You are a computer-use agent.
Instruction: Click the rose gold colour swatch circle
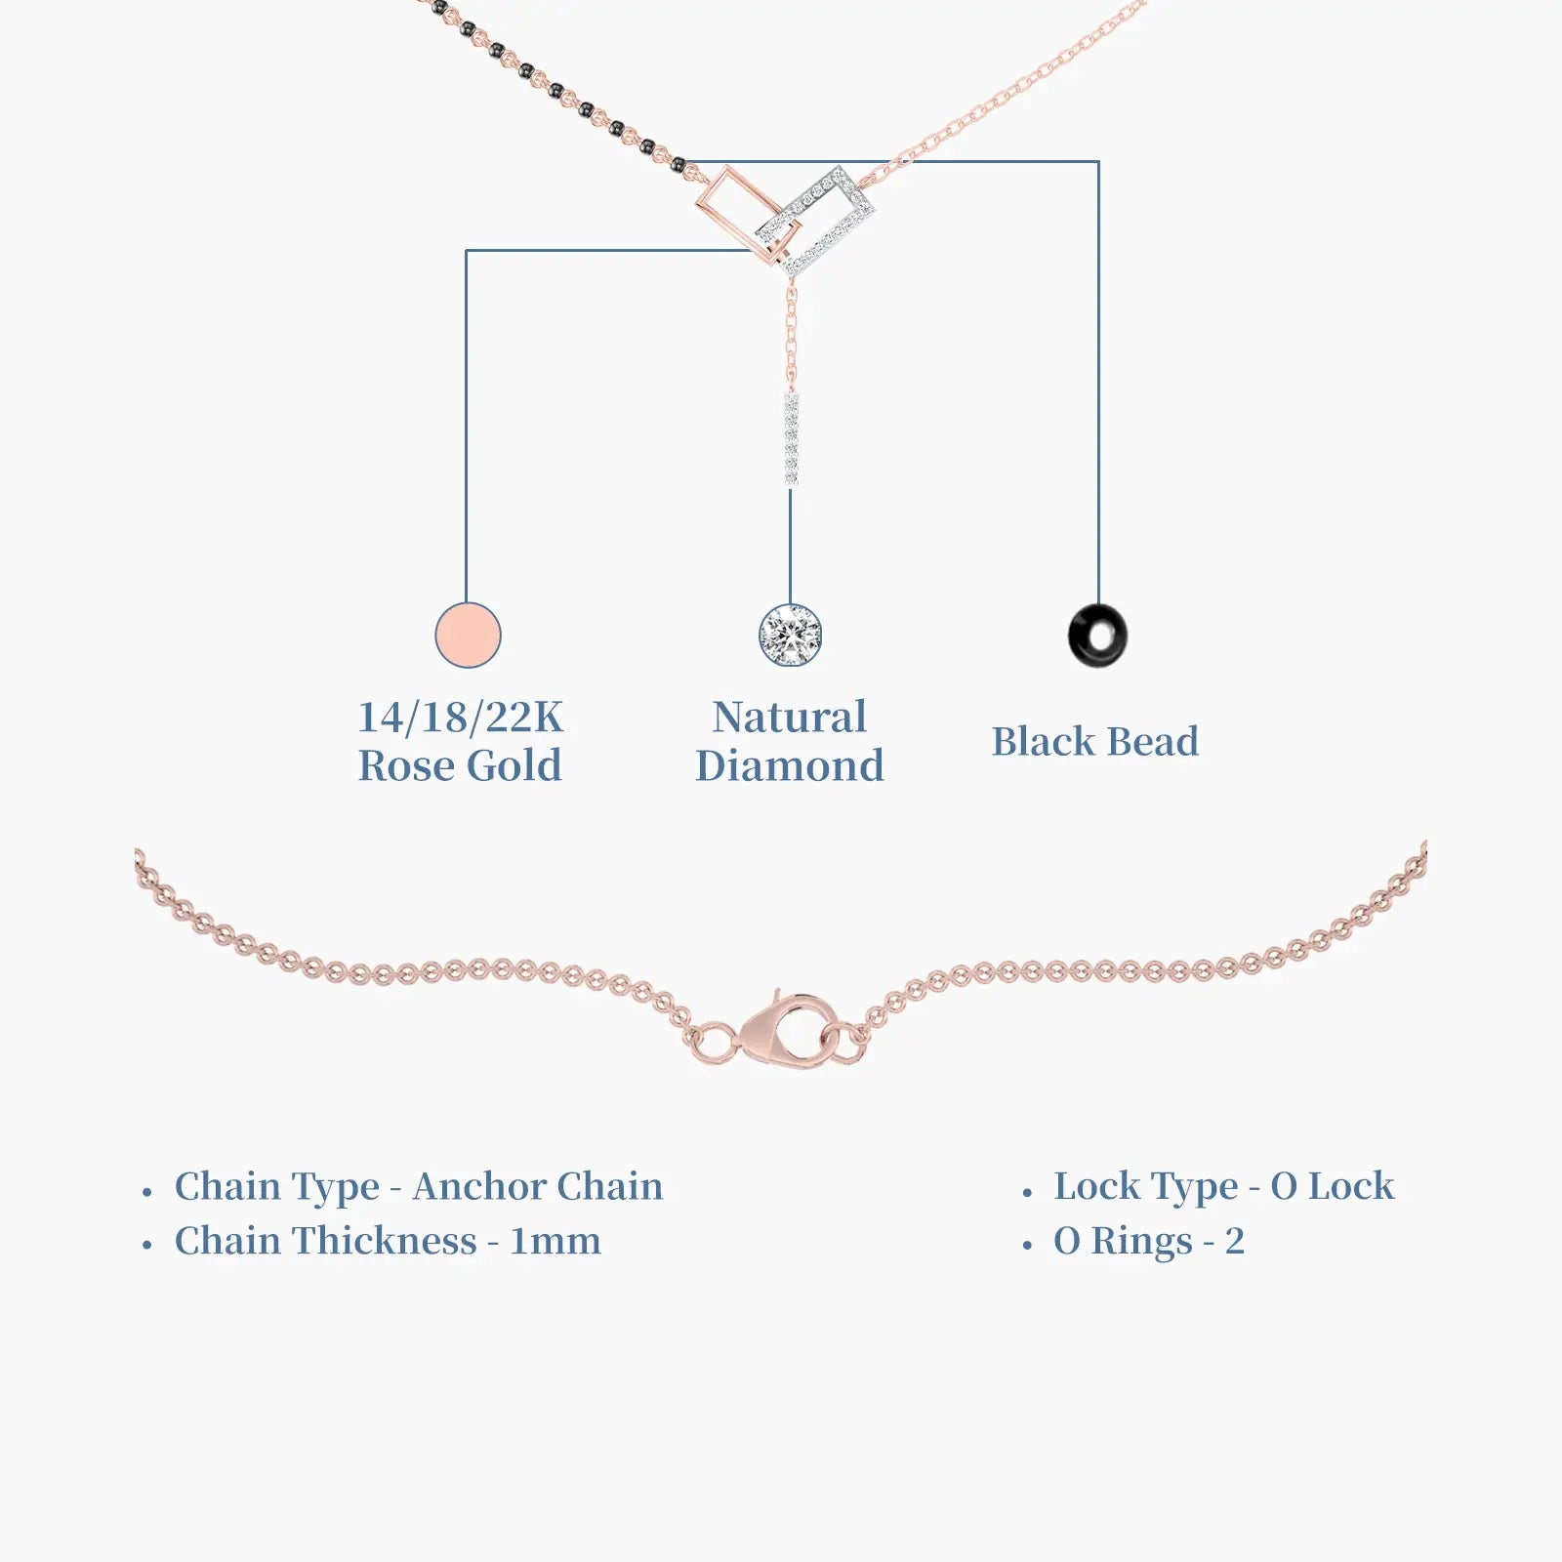(x=468, y=636)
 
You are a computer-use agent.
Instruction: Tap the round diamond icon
(x=790, y=636)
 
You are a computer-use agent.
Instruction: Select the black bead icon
(x=1098, y=636)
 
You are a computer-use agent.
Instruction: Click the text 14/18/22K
(x=461, y=718)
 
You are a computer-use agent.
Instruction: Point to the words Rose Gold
(x=460, y=765)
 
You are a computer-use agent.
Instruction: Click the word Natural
(x=790, y=718)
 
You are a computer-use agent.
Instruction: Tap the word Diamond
(x=790, y=765)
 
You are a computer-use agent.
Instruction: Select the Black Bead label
(x=1095, y=742)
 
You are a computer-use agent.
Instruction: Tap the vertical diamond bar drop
(x=791, y=439)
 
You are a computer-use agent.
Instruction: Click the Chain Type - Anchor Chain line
(x=419, y=1187)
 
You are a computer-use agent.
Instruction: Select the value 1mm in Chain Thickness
(x=555, y=1242)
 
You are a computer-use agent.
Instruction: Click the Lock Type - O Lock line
(x=1224, y=1187)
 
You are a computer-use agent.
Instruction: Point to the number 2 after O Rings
(x=1235, y=1242)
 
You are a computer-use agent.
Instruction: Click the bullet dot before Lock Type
(x=1027, y=1193)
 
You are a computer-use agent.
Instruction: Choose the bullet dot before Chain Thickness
(x=147, y=1247)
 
